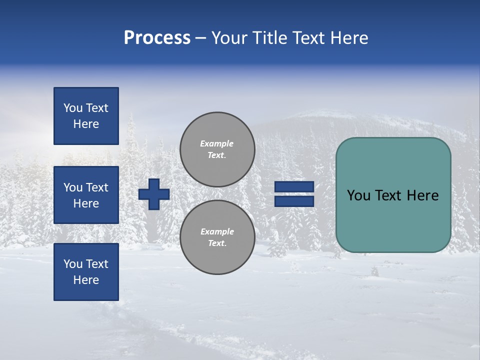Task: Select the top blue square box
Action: click(x=86, y=116)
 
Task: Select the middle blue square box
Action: click(x=86, y=195)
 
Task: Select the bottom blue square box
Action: click(x=86, y=272)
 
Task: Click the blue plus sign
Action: click(x=154, y=194)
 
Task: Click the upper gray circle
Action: click(x=217, y=149)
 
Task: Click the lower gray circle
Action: click(x=217, y=237)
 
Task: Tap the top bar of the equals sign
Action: click(x=294, y=186)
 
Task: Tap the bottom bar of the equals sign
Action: click(x=294, y=201)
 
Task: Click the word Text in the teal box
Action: click(x=392, y=195)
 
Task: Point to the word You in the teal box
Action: click(x=358, y=195)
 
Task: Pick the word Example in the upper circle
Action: click(x=217, y=143)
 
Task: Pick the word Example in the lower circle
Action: click(x=217, y=231)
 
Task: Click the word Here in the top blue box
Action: click(x=86, y=124)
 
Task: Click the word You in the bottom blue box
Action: click(x=73, y=264)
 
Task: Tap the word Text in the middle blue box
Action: click(x=97, y=187)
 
